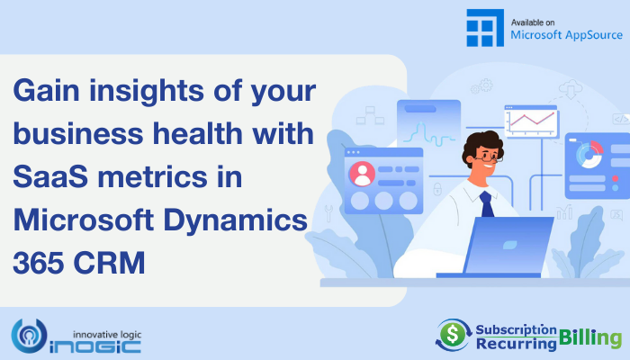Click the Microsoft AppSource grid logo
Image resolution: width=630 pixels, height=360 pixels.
485,28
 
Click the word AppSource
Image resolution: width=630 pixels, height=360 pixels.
593,35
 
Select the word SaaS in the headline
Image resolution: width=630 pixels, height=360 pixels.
50,176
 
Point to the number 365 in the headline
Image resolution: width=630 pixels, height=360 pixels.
39,263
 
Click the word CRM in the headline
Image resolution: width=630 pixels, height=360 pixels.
109,263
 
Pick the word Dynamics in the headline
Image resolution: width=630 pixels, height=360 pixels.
236,220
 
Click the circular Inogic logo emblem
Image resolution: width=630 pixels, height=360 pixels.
29,336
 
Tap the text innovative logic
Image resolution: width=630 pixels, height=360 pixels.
107,334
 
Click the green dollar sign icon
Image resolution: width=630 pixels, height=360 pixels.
453,334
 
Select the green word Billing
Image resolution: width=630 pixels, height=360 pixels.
589,337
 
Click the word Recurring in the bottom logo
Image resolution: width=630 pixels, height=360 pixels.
516,344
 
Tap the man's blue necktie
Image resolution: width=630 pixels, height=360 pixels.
487,203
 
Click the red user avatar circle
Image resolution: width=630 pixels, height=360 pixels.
362,174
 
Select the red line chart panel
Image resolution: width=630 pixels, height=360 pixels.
531,121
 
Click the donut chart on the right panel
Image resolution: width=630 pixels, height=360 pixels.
589,154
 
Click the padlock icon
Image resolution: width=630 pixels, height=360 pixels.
437,188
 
